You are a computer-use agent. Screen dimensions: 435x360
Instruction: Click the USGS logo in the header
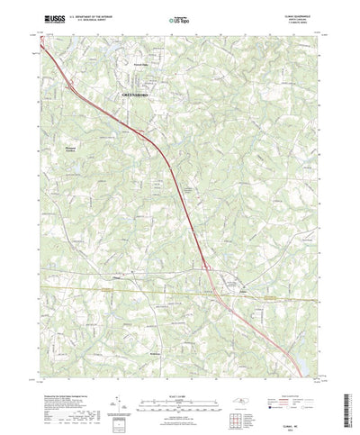coord(53,16)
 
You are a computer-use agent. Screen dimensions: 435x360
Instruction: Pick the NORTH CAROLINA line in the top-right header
coord(303,17)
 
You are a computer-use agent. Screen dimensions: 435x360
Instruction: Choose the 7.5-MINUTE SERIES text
coord(302,22)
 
